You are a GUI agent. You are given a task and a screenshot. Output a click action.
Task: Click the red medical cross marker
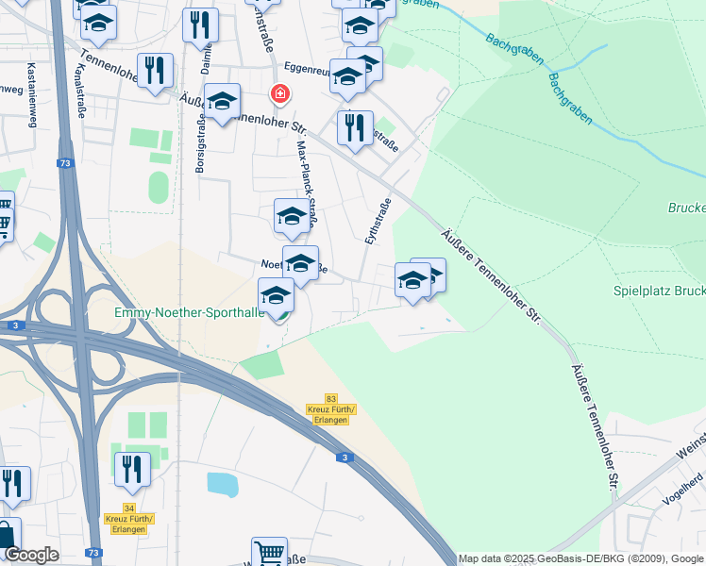(279, 94)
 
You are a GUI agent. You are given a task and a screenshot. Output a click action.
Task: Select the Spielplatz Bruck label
(659, 291)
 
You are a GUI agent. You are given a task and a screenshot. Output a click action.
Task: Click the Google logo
(31, 555)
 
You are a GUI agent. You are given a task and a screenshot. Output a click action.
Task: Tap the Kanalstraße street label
(81, 91)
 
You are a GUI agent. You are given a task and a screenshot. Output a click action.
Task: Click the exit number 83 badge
(330, 399)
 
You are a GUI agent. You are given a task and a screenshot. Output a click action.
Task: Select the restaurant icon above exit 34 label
(132, 468)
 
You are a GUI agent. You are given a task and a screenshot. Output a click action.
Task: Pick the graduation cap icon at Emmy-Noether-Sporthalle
(277, 294)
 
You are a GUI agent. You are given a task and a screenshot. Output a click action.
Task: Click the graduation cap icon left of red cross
(222, 100)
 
